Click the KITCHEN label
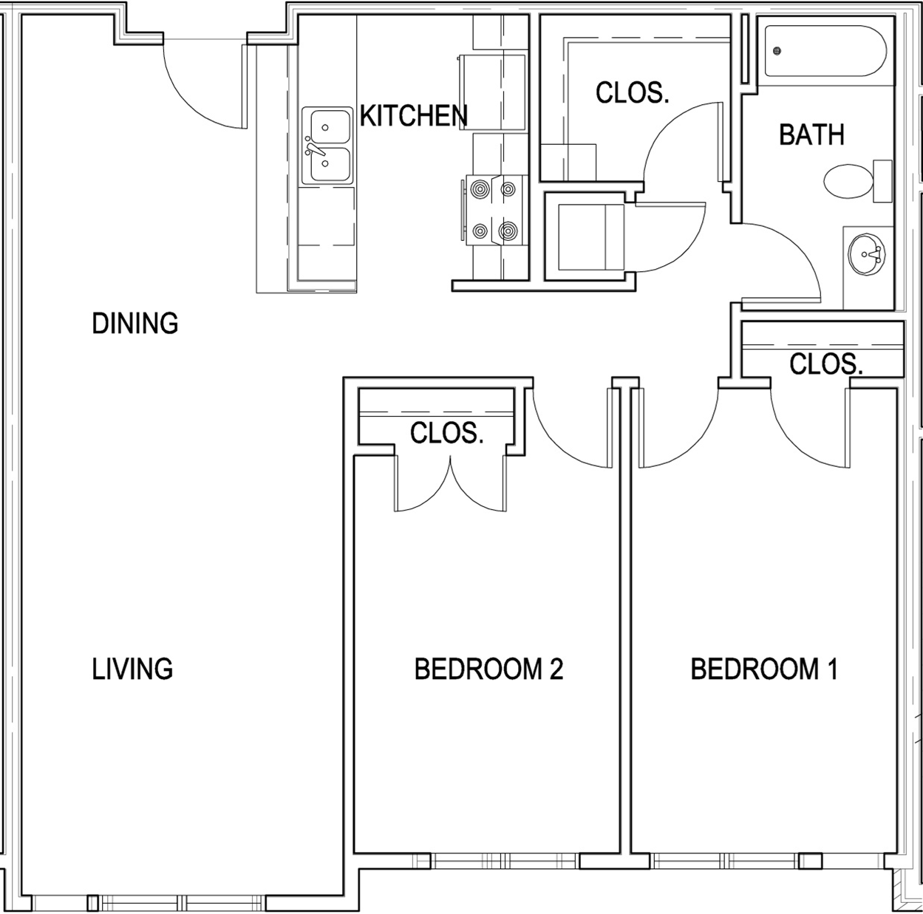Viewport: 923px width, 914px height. (x=413, y=116)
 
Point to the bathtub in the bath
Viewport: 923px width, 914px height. (x=823, y=52)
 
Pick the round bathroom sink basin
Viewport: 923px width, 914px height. (x=865, y=254)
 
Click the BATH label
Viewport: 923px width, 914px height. (x=811, y=135)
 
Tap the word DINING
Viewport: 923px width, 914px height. (x=134, y=324)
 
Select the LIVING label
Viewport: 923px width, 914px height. (x=132, y=669)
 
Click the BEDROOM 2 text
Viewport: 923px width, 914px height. (x=488, y=669)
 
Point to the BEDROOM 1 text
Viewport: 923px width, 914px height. (x=763, y=669)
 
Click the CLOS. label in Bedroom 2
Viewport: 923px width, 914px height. (x=446, y=433)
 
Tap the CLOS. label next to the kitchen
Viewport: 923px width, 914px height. (x=632, y=93)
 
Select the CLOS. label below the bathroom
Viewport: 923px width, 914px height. (x=825, y=364)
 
